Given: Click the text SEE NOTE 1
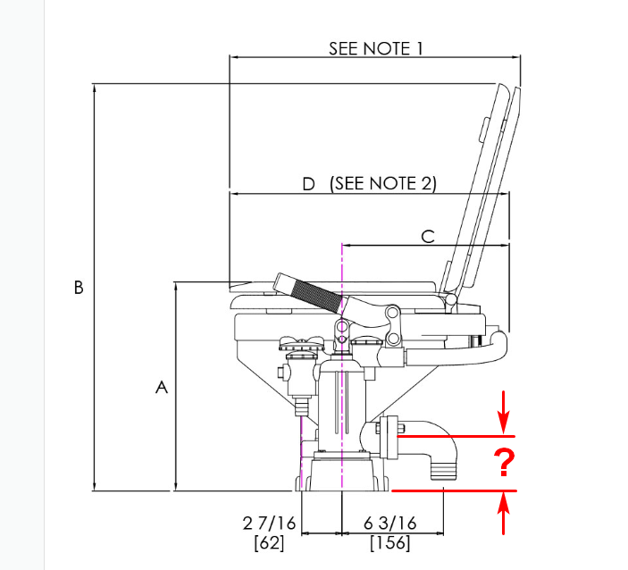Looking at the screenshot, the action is pos(376,48).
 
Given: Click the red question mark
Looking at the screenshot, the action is pos(504,462).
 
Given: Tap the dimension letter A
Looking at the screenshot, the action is pos(162,388).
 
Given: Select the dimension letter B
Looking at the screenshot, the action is pos(79,288).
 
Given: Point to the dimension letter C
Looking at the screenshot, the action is pos(428,237).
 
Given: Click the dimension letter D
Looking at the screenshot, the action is pos(308,184).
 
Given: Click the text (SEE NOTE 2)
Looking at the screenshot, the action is pos(383,183).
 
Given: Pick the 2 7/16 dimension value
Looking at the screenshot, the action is pos(269,524).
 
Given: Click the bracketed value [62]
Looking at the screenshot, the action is pos(269,543).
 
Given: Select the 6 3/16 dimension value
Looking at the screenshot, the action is pos(390,524).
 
